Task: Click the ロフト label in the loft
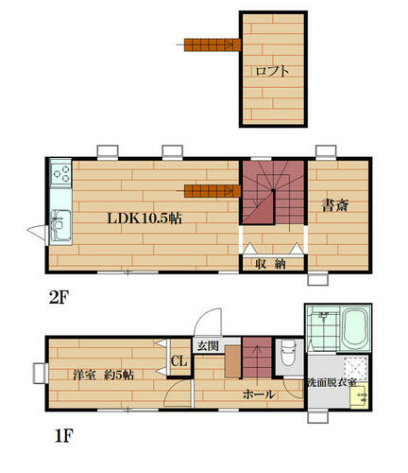(272, 71)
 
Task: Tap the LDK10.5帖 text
(144, 219)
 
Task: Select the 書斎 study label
(335, 205)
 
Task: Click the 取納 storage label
(270, 264)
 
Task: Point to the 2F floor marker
(59, 296)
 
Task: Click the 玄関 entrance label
(208, 346)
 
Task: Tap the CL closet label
(178, 361)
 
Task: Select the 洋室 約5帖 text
(104, 375)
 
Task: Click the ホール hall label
(259, 394)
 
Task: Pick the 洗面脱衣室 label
(331, 383)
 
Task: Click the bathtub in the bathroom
(356, 328)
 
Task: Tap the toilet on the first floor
(289, 353)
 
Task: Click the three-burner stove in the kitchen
(60, 173)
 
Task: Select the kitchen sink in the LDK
(61, 226)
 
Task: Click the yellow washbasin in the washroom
(359, 396)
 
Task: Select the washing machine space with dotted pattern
(356, 369)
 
